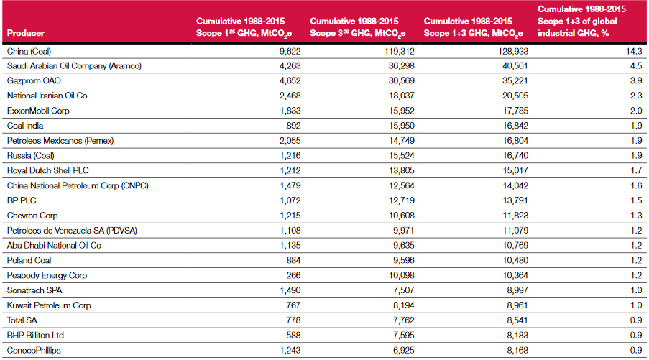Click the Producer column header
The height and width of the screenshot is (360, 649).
26,33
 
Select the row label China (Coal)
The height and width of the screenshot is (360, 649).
29,51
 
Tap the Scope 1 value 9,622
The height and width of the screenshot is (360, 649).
290,51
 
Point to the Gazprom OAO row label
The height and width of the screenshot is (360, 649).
34,80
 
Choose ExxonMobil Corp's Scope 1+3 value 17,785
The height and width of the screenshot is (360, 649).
515,111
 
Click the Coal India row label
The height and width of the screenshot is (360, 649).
25,126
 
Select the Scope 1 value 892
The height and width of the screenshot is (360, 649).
293,126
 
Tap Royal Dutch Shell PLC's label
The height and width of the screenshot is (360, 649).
47,170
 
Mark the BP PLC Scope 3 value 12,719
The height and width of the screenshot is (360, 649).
402,200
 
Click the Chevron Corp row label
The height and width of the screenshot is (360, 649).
32,216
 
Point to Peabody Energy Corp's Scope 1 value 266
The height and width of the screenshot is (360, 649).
293,276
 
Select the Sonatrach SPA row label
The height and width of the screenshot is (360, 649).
34,290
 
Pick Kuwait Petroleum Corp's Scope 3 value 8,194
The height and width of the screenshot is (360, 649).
403,305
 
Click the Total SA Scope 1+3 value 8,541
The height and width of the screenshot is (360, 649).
517,320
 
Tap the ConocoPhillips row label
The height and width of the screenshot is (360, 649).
34,351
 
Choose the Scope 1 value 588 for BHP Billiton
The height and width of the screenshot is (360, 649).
293,335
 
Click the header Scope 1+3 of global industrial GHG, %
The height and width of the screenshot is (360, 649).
581,21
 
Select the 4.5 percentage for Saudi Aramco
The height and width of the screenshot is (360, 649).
636,66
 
